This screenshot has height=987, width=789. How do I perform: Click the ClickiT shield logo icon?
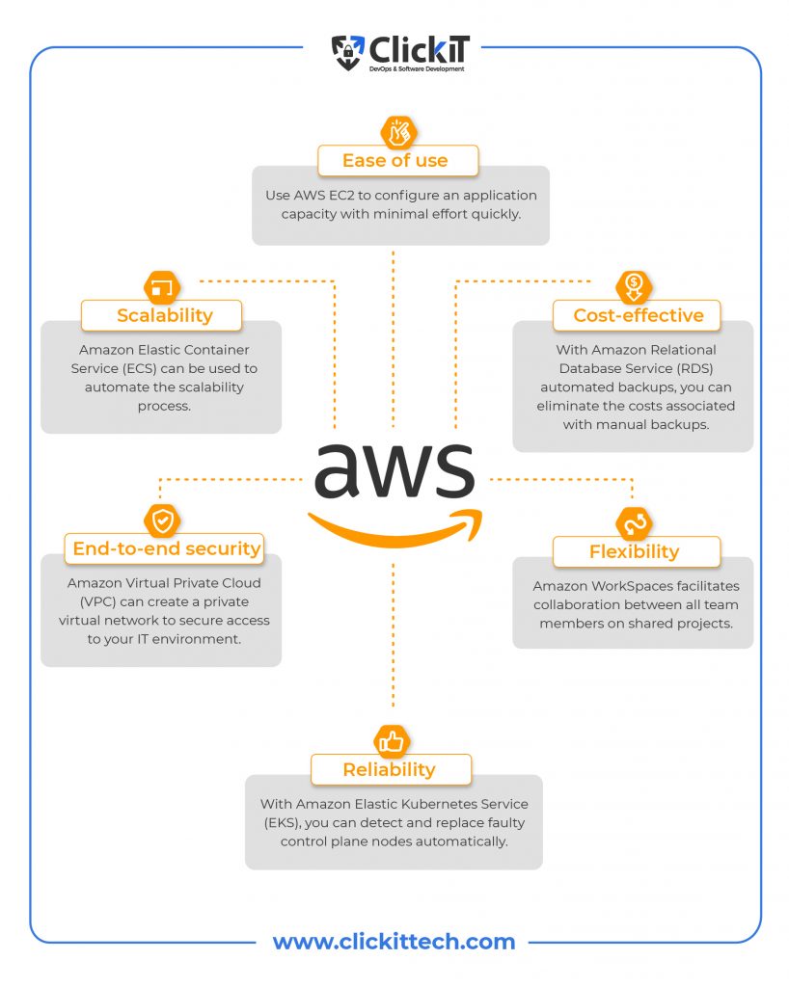tap(347, 53)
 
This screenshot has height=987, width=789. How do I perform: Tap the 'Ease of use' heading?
tap(394, 161)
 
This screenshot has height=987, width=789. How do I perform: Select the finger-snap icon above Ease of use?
tap(398, 133)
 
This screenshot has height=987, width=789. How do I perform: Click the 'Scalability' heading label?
tap(165, 315)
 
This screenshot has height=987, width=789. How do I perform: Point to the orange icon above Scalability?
tap(162, 288)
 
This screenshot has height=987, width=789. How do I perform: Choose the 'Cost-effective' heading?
tap(639, 315)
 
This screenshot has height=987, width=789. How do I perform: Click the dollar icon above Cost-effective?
tap(634, 286)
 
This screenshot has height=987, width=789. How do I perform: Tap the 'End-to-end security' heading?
tap(166, 548)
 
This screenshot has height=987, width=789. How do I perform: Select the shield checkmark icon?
tap(162, 520)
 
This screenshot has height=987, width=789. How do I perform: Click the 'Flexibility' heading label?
tap(634, 552)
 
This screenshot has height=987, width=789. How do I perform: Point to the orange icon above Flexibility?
tap(634, 523)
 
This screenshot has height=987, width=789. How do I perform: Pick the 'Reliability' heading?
tap(389, 770)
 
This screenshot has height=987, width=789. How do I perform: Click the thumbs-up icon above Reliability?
tap(392, 741)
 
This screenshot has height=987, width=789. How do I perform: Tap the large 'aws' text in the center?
tap(394, 469)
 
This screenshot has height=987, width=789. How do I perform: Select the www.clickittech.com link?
tap(394, 942)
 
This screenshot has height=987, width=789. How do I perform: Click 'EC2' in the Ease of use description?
tap(341, 195)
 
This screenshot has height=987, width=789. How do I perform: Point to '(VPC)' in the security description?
tap(98, 601)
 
